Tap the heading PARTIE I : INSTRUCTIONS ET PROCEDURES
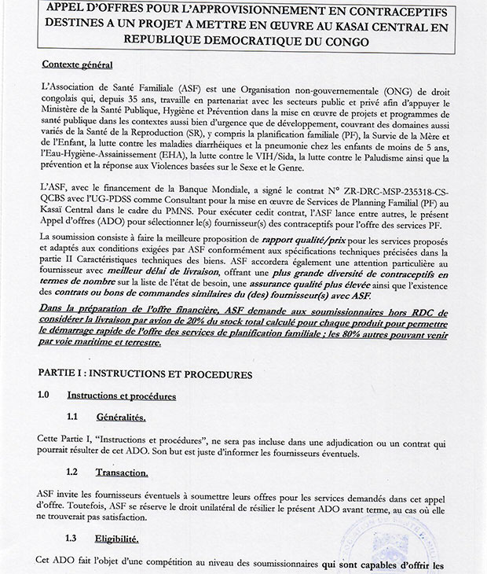pyautogui.click(x=145, y=374)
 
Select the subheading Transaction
pyautogui.click(x=122, y=472)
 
